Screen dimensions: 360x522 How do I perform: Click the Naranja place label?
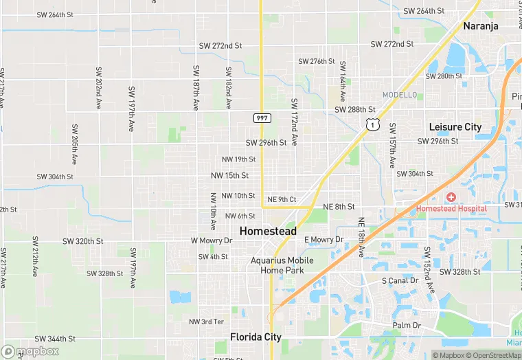pos(480,26)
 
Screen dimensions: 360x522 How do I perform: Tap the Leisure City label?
pos(455,127)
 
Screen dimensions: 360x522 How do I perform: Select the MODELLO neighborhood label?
pos(400,95)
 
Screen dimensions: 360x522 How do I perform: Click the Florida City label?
pos(256,337)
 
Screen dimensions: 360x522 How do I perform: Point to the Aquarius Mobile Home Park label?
pos(282,265)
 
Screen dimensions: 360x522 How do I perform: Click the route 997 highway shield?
pos(262,118)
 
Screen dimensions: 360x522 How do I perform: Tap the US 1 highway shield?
pos(372,124)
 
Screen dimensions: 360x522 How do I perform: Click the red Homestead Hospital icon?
pos(451,198)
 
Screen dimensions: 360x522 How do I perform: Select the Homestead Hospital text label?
pos(451,209)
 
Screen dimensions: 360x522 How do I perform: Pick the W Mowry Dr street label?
pos(212,240)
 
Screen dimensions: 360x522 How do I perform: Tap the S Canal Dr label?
pos(400,281)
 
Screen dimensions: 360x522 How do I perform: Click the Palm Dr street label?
pos(406,325)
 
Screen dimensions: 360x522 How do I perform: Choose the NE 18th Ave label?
pos(361,237)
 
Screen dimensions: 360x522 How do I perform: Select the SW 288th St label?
pos(355,109)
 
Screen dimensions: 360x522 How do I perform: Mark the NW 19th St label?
pos(238,159)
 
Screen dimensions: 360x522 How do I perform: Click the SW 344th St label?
pos(55,339)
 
